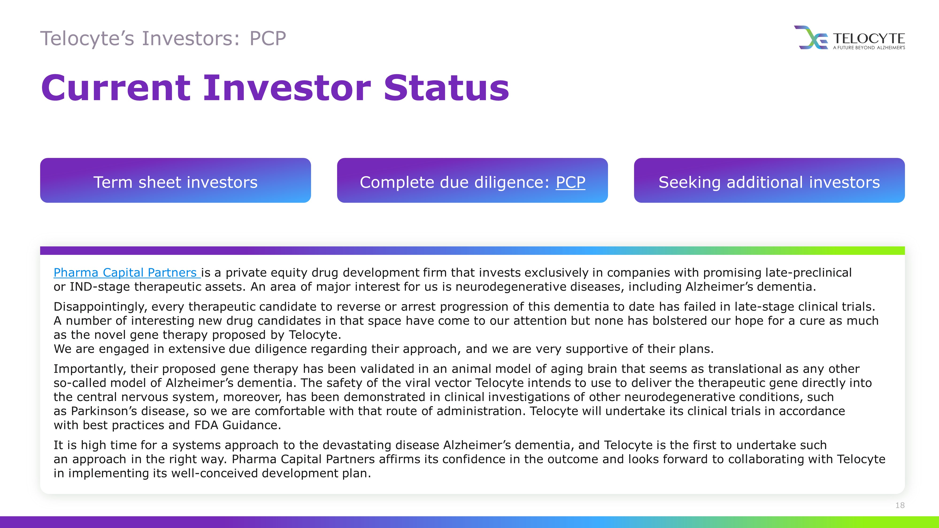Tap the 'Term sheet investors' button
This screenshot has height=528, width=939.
[175, 180]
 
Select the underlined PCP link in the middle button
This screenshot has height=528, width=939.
[570, 182]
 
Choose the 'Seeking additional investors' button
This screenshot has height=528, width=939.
[769, 180]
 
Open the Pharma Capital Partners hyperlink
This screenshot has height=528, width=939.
[127, 272]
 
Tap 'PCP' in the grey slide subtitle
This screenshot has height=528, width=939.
[268, 39]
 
